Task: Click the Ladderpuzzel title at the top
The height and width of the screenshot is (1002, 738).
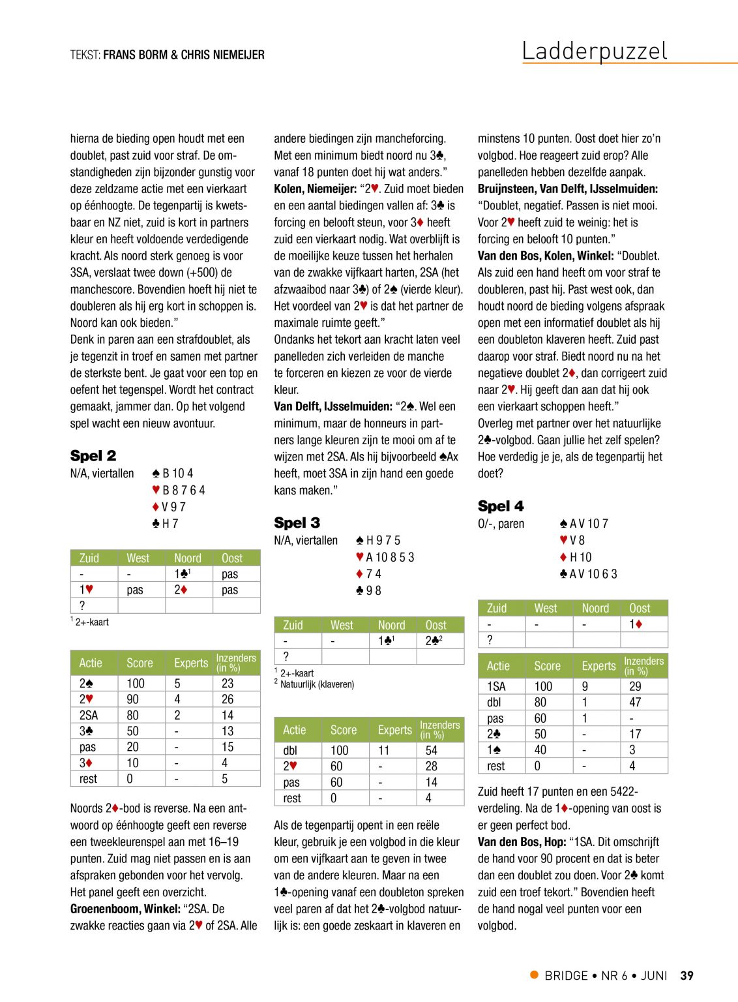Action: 595,51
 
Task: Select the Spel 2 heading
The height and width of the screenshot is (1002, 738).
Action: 93,455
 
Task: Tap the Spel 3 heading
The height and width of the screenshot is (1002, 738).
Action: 297,523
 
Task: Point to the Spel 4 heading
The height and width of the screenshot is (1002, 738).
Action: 501,506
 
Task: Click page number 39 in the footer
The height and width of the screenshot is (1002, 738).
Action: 686,976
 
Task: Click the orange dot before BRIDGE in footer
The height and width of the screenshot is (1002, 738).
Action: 535,975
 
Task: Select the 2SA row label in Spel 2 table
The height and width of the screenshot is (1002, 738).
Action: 89,715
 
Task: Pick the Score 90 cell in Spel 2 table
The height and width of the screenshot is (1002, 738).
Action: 133,699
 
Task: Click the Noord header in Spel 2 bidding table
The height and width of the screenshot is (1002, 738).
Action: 188,558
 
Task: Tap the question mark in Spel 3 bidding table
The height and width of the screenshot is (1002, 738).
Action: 286,657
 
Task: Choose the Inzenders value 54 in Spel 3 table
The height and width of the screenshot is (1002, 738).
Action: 432,751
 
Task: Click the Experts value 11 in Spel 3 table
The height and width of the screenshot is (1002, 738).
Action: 384,751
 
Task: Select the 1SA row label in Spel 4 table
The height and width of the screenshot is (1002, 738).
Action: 496,687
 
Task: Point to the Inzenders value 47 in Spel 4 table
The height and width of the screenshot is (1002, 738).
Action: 635,703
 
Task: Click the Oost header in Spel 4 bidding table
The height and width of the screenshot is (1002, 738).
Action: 640,609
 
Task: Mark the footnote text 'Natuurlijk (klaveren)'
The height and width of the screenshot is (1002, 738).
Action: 317,684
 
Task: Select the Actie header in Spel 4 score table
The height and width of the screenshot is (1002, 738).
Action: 498,666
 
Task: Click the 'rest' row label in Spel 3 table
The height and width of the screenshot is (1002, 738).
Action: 292,798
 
